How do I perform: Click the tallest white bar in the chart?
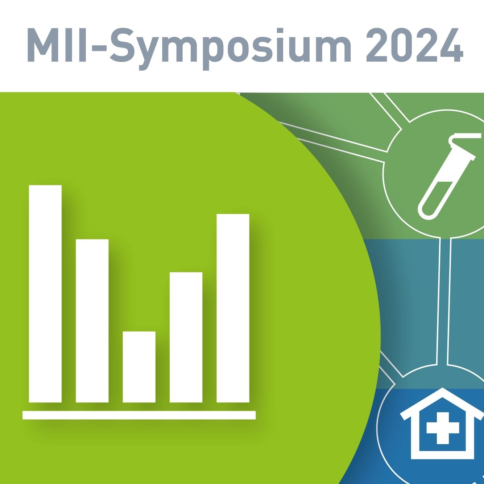click(45, 294)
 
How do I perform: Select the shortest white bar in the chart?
click(139, 367)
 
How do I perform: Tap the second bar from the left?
click(92, 321)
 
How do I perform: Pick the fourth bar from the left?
click(186, 337)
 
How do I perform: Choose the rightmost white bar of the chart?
click(233, 308)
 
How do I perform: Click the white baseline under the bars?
click(139, 415)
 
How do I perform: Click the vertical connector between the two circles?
click(443, 301)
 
